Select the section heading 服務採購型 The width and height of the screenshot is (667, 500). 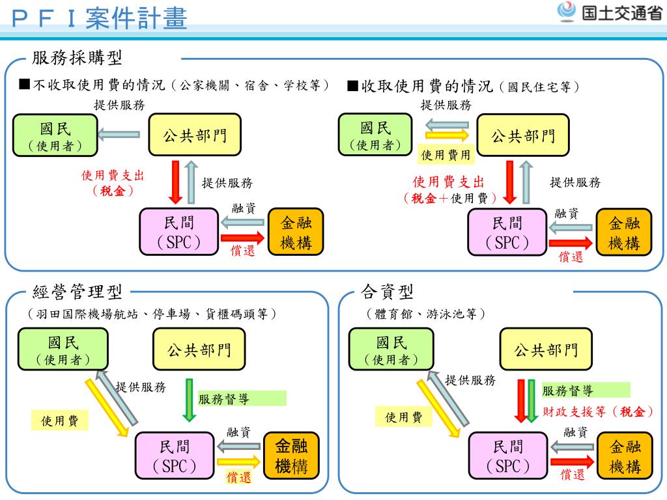(x=78, y=59)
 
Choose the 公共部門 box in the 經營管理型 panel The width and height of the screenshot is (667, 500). (x=199, y=350)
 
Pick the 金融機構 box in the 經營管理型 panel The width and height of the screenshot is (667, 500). (x=292, y=456)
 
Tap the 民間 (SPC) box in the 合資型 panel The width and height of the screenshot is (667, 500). (x=508, y=456)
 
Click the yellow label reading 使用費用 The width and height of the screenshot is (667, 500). (x=446, y=155)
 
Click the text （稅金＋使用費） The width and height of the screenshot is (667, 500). (x=450, y=199)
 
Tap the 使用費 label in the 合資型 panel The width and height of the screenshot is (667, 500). (x=404, y=417)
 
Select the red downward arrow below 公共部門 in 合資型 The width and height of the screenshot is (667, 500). (x=522, y=400)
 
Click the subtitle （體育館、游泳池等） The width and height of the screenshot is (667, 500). (x=426, y=314)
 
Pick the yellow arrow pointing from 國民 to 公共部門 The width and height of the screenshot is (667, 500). (x=447, y=136)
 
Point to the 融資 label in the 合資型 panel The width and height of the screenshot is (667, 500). (x=575, y=431)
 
